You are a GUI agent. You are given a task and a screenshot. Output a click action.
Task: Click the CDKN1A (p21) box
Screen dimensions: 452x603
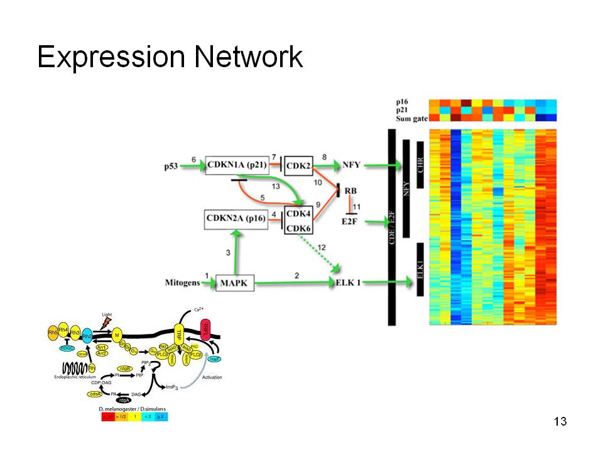(236, 166)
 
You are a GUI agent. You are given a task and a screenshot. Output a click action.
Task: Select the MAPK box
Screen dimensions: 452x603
(235, 284)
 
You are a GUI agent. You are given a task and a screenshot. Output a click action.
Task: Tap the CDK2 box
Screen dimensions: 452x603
(298, 166)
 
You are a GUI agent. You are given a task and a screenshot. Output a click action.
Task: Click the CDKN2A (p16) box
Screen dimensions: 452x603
(236, 220)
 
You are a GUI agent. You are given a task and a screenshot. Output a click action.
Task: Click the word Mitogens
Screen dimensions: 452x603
(182, 282)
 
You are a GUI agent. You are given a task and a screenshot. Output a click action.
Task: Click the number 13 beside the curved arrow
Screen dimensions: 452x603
(276, 186)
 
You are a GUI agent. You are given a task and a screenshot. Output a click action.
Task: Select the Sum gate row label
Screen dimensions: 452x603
(411, 118)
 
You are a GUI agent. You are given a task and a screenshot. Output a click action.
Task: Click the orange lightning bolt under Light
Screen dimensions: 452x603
(106, 323)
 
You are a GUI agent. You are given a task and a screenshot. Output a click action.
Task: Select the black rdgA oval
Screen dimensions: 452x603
(124, 400)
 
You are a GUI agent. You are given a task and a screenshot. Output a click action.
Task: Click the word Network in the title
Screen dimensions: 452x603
(249, 58)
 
